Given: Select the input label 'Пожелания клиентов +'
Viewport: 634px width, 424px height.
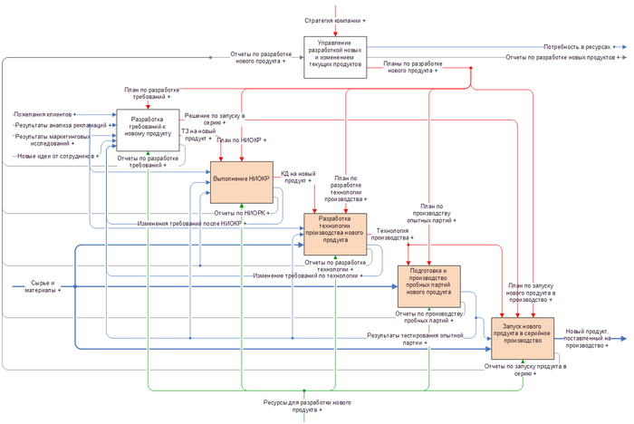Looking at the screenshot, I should pos(45,115).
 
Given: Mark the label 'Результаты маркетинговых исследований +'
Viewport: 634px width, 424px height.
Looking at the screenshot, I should pos(50,140).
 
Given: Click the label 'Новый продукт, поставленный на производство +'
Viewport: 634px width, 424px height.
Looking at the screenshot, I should pos(591,338).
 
